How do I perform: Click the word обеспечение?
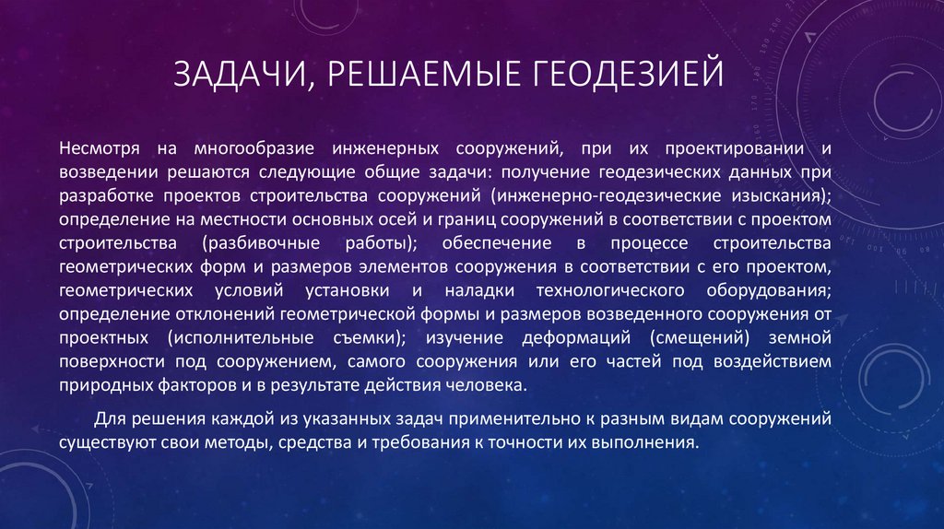click(x=493, y=243)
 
